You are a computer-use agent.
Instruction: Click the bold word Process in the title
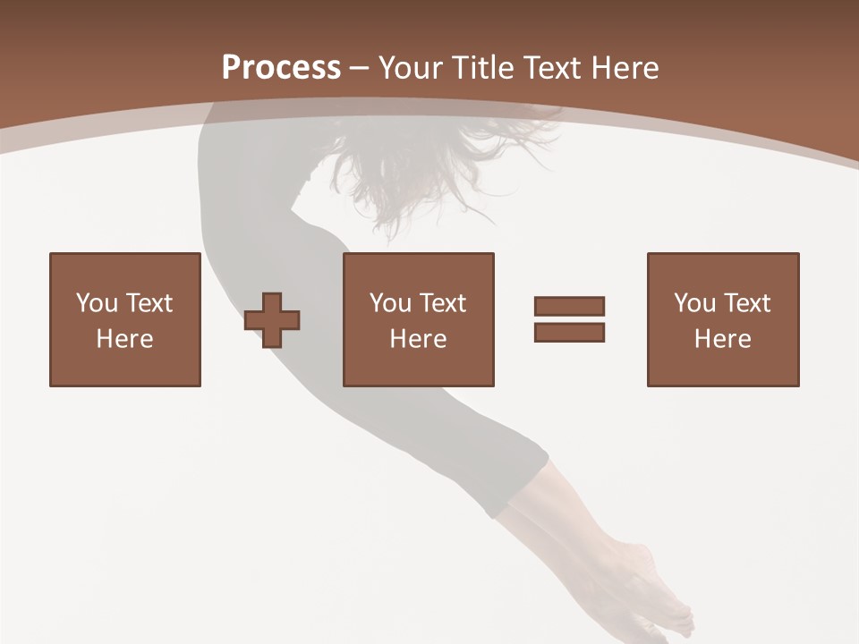(281, 68)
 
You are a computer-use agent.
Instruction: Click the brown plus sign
(272, 320)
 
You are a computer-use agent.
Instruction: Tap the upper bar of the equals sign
(569, 306)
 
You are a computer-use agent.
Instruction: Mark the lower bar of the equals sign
(569, 332)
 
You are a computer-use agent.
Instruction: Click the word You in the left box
(97, 303)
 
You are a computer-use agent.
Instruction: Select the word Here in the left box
(124, 339)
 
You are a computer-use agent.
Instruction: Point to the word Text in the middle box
(441, 303)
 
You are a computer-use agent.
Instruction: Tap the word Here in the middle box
(418, 339)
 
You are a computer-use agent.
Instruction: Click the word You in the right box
(694, 303)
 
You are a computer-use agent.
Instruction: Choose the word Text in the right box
(745, 303)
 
